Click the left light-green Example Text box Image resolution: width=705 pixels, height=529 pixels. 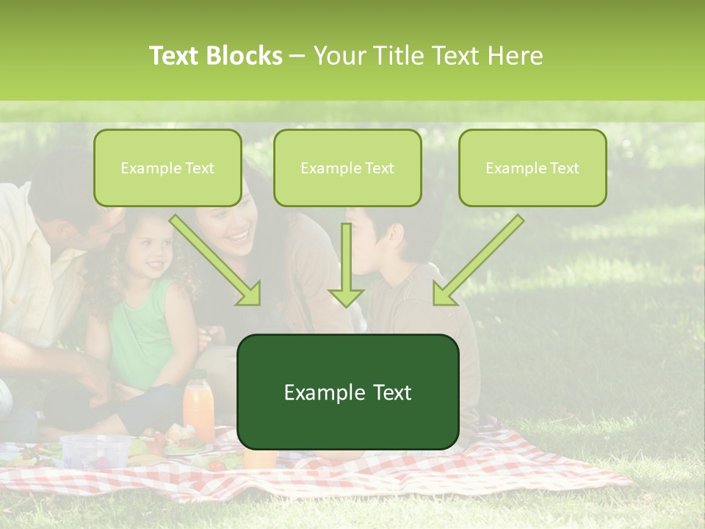[x=167, y=168]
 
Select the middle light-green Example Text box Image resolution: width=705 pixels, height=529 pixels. [x=347, y=168]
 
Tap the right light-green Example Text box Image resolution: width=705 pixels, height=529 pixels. [x=532, y=168]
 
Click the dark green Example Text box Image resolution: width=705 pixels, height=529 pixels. [x=347, y=392]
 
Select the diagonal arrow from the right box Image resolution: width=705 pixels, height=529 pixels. [x=477, y=261]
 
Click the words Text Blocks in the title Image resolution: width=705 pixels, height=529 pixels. [x=216, y=56]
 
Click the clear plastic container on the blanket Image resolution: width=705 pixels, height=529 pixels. [x=95, y=450]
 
